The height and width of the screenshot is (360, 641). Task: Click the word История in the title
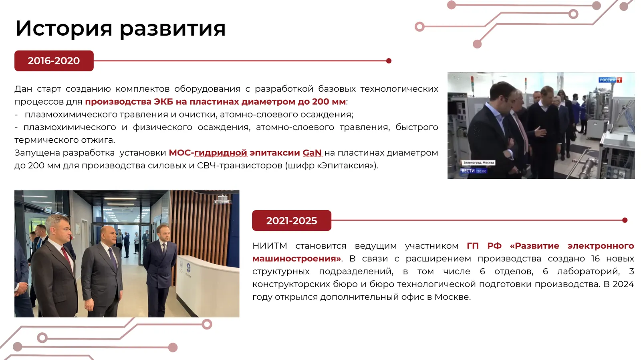pos(64,28)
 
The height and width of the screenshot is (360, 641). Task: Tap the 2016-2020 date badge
pos(54,61)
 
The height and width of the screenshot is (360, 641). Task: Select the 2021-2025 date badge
pos(292,220)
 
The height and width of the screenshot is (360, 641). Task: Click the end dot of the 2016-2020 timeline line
pos(389,61)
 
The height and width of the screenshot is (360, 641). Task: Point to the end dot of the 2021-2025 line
pos(625,220)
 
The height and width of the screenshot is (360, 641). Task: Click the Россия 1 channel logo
pos(610,80)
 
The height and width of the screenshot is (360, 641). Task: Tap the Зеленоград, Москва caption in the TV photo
pos(478,163)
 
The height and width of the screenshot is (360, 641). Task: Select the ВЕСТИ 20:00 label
pos(474,171)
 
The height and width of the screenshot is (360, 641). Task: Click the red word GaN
pos(312,153)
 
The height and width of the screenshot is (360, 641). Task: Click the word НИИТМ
pos(270,246)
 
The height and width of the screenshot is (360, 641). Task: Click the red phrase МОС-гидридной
pos(208,153)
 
